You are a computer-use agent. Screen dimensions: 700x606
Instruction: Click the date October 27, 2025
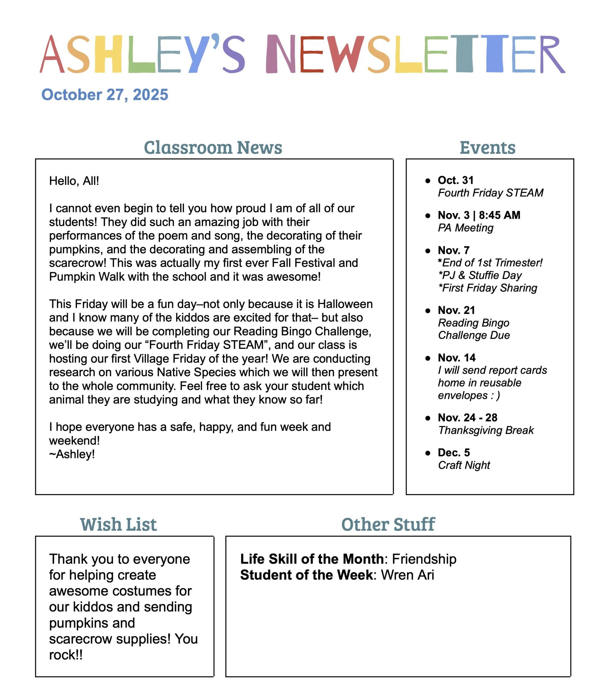(x=105, y=95)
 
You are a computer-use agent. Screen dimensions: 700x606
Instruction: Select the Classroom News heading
(x=213, y=147)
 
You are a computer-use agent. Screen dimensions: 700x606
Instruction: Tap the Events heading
(x=487, y=147)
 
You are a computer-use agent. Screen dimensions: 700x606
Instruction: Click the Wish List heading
(x=118, y=524)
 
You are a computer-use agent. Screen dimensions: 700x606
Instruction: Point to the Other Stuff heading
(x=388, y=524)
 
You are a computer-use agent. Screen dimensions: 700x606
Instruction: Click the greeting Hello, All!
(x=74, y=181)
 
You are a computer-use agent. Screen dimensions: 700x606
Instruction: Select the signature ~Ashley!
(x=72, y=454)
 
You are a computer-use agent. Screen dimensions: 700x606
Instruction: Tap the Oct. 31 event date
(x=455, y=180)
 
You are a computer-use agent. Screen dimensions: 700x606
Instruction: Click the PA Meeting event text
(x=465, y=228)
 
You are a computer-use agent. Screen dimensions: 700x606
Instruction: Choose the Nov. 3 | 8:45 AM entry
(x=479, y=215)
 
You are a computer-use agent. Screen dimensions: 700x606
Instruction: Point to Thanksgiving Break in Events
(x=485, y=430)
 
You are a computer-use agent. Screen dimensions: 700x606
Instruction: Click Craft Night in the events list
(x=464, y=465)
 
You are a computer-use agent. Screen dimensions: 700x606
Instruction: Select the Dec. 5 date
(x=454, y=452)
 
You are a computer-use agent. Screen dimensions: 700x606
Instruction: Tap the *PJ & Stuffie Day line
(x=480, y=275)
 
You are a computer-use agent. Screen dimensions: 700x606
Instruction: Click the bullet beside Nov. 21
(x=428, y=310)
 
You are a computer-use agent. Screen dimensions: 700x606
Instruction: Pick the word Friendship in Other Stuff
(x=424, y=559)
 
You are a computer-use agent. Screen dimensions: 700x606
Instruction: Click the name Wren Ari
(x=407, y=575)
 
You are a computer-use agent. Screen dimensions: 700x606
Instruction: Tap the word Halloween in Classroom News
(x=345, y=304)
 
